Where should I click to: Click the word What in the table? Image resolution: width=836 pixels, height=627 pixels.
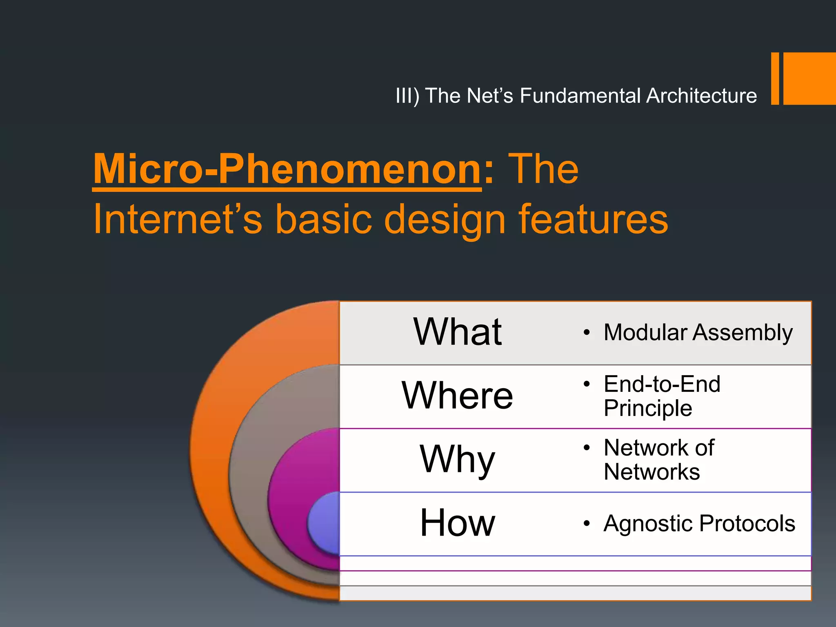pos(457,332)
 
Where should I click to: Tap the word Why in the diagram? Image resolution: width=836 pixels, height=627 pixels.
pos(457,459)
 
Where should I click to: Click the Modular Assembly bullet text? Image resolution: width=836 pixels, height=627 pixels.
pos(698,333)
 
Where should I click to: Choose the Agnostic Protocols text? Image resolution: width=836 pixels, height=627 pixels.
pos(699,523)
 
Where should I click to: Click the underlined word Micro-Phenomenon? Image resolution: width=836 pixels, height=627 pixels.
pos(287,169)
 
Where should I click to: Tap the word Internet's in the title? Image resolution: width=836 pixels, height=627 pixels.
pos(177,220)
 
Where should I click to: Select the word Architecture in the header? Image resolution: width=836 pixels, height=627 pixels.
pos(701,96)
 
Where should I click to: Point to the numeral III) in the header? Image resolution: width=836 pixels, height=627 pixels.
pos(407,96)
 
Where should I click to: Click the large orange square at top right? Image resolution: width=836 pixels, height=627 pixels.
pos(809,78)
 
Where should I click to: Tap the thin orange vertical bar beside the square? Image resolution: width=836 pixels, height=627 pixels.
pos(775,78)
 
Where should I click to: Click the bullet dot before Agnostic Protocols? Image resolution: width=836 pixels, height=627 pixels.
pos(587,523)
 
